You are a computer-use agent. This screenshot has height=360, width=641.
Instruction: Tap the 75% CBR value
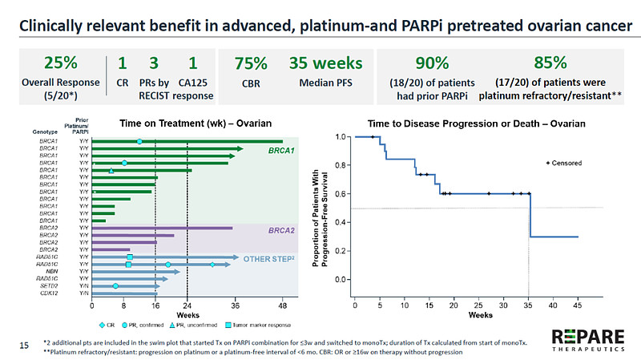point(250,63)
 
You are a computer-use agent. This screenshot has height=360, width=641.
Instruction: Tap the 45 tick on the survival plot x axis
point(578,305)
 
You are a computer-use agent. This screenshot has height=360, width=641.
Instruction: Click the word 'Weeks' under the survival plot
point(481,315)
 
